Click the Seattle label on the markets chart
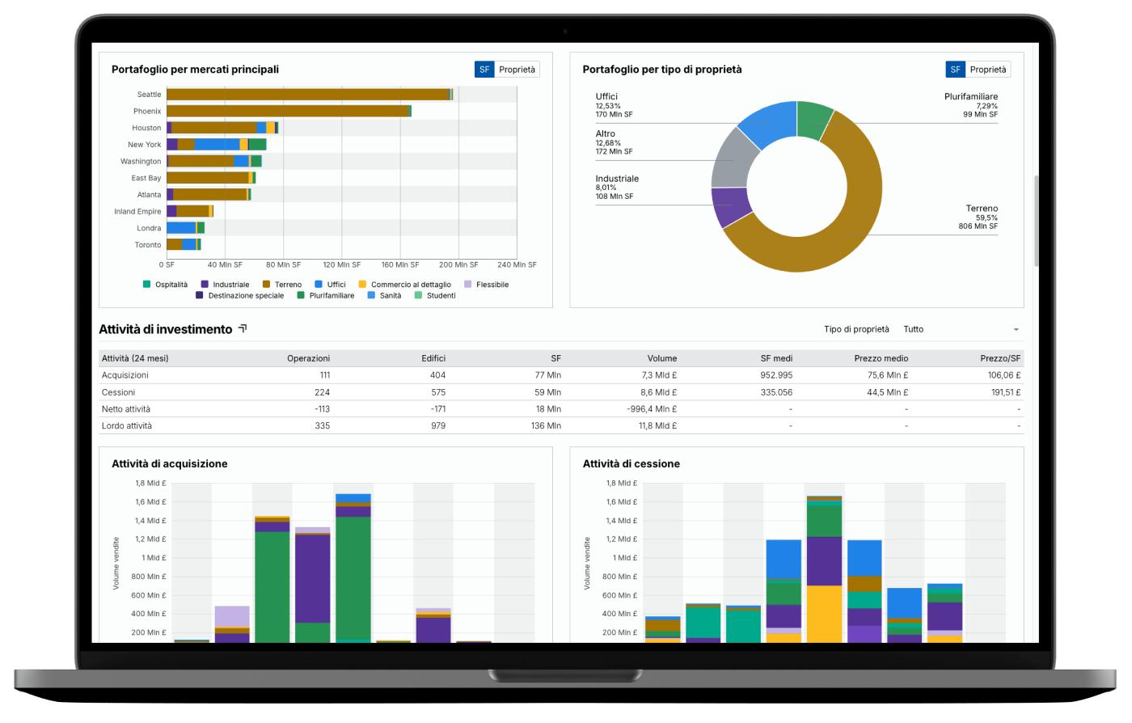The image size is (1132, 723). pyautogui.click(x=149, y=95)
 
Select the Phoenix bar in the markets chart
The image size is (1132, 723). pyautogui.click(x=288, y=111)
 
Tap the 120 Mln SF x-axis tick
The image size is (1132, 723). pyautogui.click(x=341, y=264)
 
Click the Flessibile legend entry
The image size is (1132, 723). pyautogui.click(x=492, y=285)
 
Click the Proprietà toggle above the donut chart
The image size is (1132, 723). pyautogui.click(x=988, y=70)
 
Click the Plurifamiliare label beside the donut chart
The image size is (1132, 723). pyautogui.click(x=970, y=97)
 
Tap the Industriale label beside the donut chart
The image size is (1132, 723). pyautogui.click(x=617, y=179)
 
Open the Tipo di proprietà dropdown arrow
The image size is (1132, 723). pyautogui.click(x=1016, y=330)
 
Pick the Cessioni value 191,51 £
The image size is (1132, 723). pyautogui.click(x=1004, y=392)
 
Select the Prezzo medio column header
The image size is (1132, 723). pyautogui.click(x=881, y=358)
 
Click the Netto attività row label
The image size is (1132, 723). pyautogui.click(x=126, y=409)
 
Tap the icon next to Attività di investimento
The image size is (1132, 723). pyautogui.click(x=242, y=329)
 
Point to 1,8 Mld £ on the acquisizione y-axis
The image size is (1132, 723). pyautogui.click(x=150, y=484)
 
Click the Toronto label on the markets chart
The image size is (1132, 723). pyautogui.click(x=148, y=245)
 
